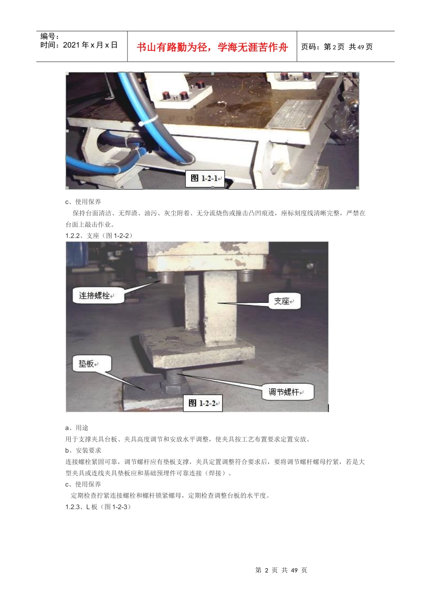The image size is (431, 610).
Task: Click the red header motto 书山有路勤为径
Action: (212, 47)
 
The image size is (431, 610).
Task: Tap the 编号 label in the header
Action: (49, 36)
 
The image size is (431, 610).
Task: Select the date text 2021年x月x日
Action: (79, 45)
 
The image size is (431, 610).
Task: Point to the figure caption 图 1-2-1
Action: (205, 178)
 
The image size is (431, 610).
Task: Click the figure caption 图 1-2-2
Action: (202, 403)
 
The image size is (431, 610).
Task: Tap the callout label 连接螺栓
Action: (95, 296)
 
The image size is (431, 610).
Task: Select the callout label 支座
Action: (282, 301)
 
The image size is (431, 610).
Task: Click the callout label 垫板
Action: (87, 364)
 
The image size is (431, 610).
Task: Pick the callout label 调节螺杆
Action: (284, 392)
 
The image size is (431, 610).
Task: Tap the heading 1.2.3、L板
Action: (98, 507)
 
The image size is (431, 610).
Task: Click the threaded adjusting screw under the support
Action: (174, 376)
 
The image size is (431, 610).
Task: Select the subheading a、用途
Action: (77, 428)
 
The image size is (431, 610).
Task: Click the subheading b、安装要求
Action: (83, 450)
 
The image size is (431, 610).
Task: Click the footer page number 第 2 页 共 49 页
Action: (281, 570)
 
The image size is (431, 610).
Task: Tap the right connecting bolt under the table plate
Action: (245, 275)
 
